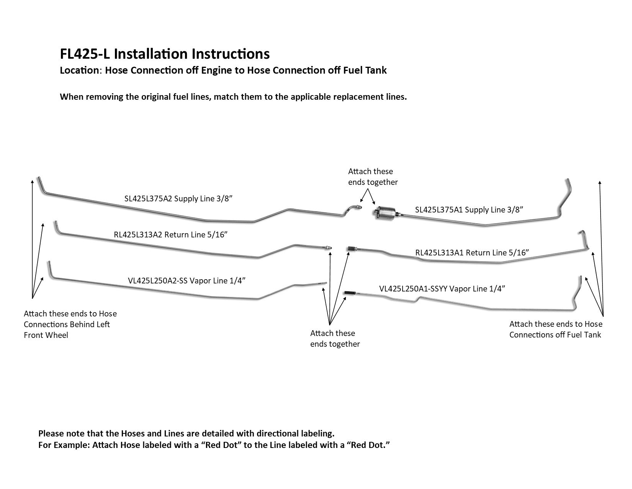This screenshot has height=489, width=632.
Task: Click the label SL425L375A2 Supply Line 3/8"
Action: point(178,199)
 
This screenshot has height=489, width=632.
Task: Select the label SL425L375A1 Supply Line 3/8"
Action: point(469,210)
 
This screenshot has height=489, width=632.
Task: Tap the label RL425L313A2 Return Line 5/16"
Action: point(170,235)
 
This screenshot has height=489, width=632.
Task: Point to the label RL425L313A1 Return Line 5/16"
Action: point(472,252)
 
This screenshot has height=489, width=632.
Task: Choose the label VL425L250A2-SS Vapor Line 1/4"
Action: point(187,280)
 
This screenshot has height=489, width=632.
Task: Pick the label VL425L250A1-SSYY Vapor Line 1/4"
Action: point(442,289)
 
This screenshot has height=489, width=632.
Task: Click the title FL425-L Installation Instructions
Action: point(165,54)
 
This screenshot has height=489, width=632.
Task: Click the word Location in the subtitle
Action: point(79,70)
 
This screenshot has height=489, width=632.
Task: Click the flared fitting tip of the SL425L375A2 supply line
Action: point(358,207)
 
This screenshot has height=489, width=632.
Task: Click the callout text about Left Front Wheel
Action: point(70,324)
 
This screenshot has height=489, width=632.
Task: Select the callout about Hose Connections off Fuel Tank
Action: point(556,329)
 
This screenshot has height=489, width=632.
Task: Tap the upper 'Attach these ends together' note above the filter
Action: point(373,177)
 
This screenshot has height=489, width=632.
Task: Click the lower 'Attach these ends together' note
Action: point(335,339)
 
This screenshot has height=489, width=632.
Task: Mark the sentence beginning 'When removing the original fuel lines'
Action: point(233,97)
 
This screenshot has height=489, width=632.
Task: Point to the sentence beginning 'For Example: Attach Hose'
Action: point(214,445)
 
